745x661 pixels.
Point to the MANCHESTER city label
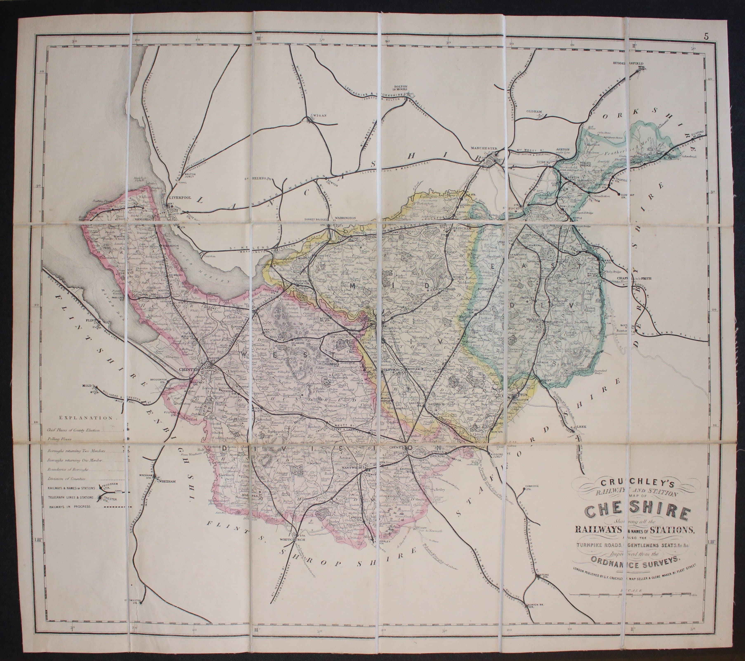[484, 148]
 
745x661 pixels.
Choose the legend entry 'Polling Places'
[61, 441]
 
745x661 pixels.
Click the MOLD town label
[87, 385]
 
